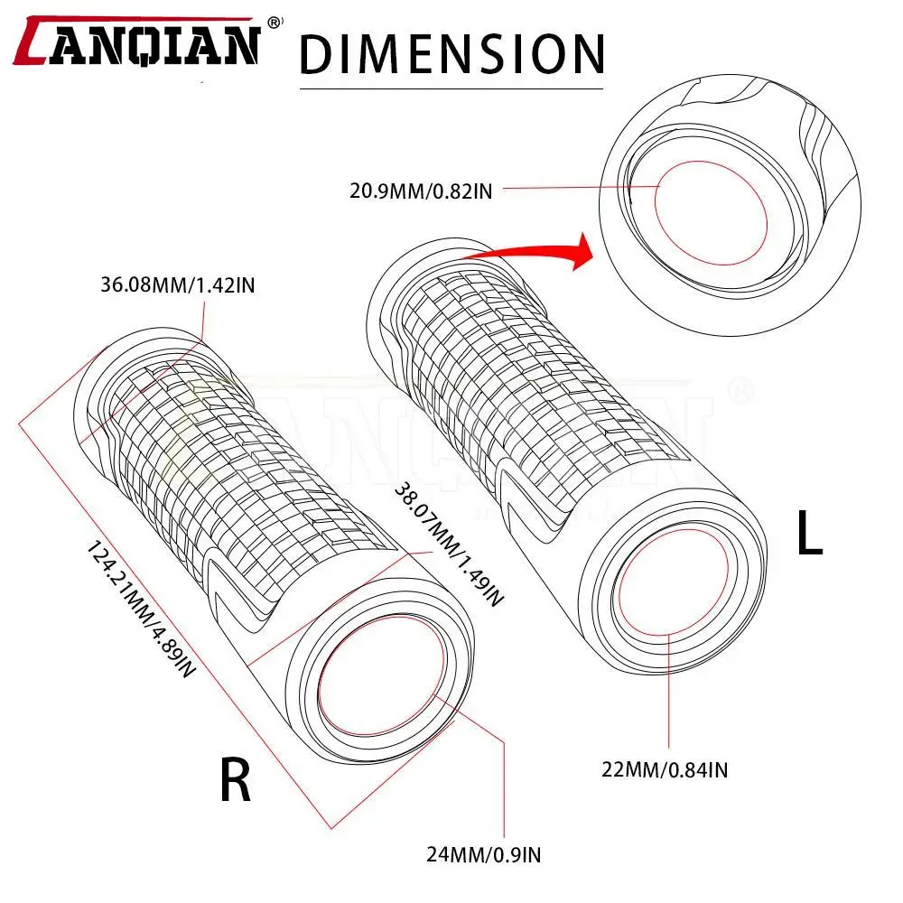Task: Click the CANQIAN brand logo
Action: tap(141, 42)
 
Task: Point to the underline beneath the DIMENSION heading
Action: tap(451, 88)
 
